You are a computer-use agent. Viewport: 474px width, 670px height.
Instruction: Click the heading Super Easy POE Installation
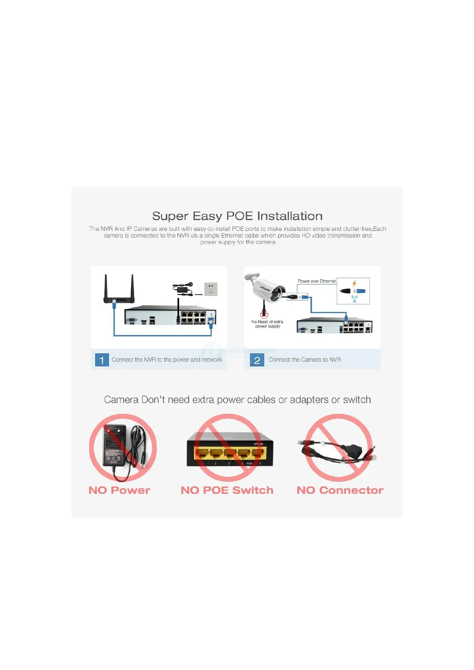pos(237,216)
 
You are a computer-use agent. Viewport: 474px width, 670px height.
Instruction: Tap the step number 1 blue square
pos(102,360)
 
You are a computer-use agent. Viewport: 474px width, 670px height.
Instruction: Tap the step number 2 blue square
pos(257,360)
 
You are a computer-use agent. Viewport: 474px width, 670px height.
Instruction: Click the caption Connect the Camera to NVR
pos(304,360)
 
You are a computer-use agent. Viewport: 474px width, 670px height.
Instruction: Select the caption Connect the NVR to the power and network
pos(167,360)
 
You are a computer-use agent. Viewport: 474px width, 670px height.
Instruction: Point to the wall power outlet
pos(211,289)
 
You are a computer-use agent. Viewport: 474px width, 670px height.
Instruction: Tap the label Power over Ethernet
pos(316,281)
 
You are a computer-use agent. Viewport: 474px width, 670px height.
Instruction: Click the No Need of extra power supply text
pos(267,324)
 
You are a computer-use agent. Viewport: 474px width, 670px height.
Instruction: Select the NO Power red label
pos(119,490)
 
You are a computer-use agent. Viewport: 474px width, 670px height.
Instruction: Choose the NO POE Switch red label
pos(227,490)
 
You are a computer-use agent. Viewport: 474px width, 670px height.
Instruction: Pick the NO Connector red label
pos(340,490)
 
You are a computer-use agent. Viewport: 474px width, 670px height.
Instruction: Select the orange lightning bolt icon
pos(354,284)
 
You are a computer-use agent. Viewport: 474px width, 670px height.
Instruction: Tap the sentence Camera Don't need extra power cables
pos(237,400)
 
